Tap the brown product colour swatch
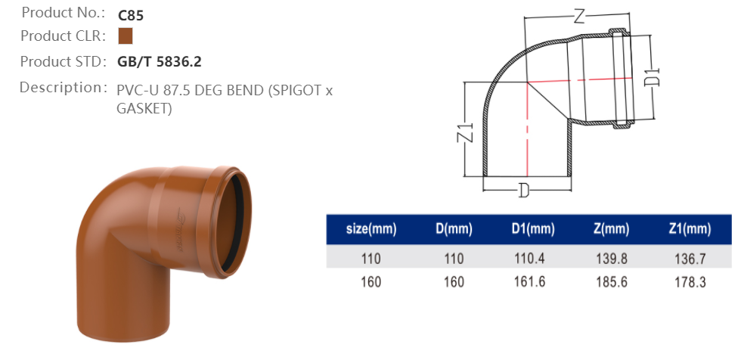[126, 36]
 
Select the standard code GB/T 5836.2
[160, 62]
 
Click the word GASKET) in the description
[144, 109]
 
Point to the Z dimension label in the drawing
[581, 17]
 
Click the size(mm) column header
[371, 229]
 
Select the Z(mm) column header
[612, 229]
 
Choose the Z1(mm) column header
[690, 229]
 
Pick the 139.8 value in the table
[612, 259]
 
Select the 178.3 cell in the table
[690, 282]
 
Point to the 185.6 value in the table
[612, 282]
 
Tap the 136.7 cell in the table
[690, 259]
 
